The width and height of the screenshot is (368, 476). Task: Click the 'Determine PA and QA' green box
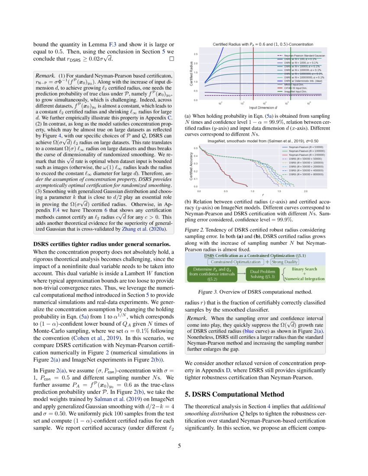coord(211,274)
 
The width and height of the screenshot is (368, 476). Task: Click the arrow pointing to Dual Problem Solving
coord(241,274)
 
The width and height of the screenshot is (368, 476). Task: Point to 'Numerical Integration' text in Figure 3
coord(303,279)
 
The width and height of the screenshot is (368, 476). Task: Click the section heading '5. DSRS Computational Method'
coord(234,394)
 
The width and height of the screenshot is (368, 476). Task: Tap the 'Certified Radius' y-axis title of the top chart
coord(191,73)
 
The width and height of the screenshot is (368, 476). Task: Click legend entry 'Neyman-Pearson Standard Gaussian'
coord(307,56)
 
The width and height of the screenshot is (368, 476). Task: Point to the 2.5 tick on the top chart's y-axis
coord(196,54)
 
